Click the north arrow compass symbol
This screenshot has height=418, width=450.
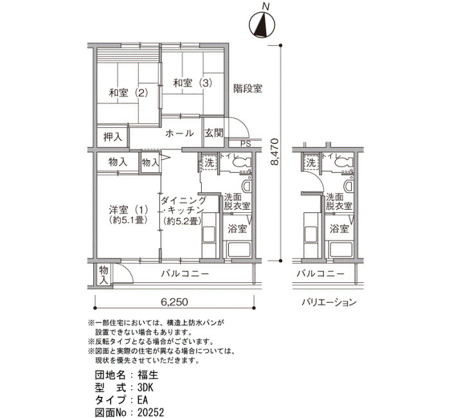(262, 25)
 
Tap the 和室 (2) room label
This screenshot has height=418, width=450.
(129, 93)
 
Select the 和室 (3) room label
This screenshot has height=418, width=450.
(193, 83)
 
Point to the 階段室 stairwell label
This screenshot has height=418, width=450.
(248, 88)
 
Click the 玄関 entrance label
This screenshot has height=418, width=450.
(214, 133)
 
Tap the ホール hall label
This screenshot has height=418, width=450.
(179, 133)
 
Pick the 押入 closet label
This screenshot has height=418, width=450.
(113, 137)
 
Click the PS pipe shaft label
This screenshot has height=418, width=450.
(246, 144)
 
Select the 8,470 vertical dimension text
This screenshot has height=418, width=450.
(274, 152)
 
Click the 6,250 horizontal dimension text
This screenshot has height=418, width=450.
(174, 302)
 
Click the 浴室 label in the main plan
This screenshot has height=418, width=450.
(237, 229)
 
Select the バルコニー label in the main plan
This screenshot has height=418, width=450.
(184, 273)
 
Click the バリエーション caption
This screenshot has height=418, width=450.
(329, 302)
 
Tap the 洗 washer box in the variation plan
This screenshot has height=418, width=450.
(310, 163)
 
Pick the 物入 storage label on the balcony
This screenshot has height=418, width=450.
(104, 275)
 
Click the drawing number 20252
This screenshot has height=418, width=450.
(150, 413)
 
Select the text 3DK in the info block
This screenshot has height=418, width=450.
(145, 388)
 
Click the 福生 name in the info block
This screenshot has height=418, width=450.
(148, 375)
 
